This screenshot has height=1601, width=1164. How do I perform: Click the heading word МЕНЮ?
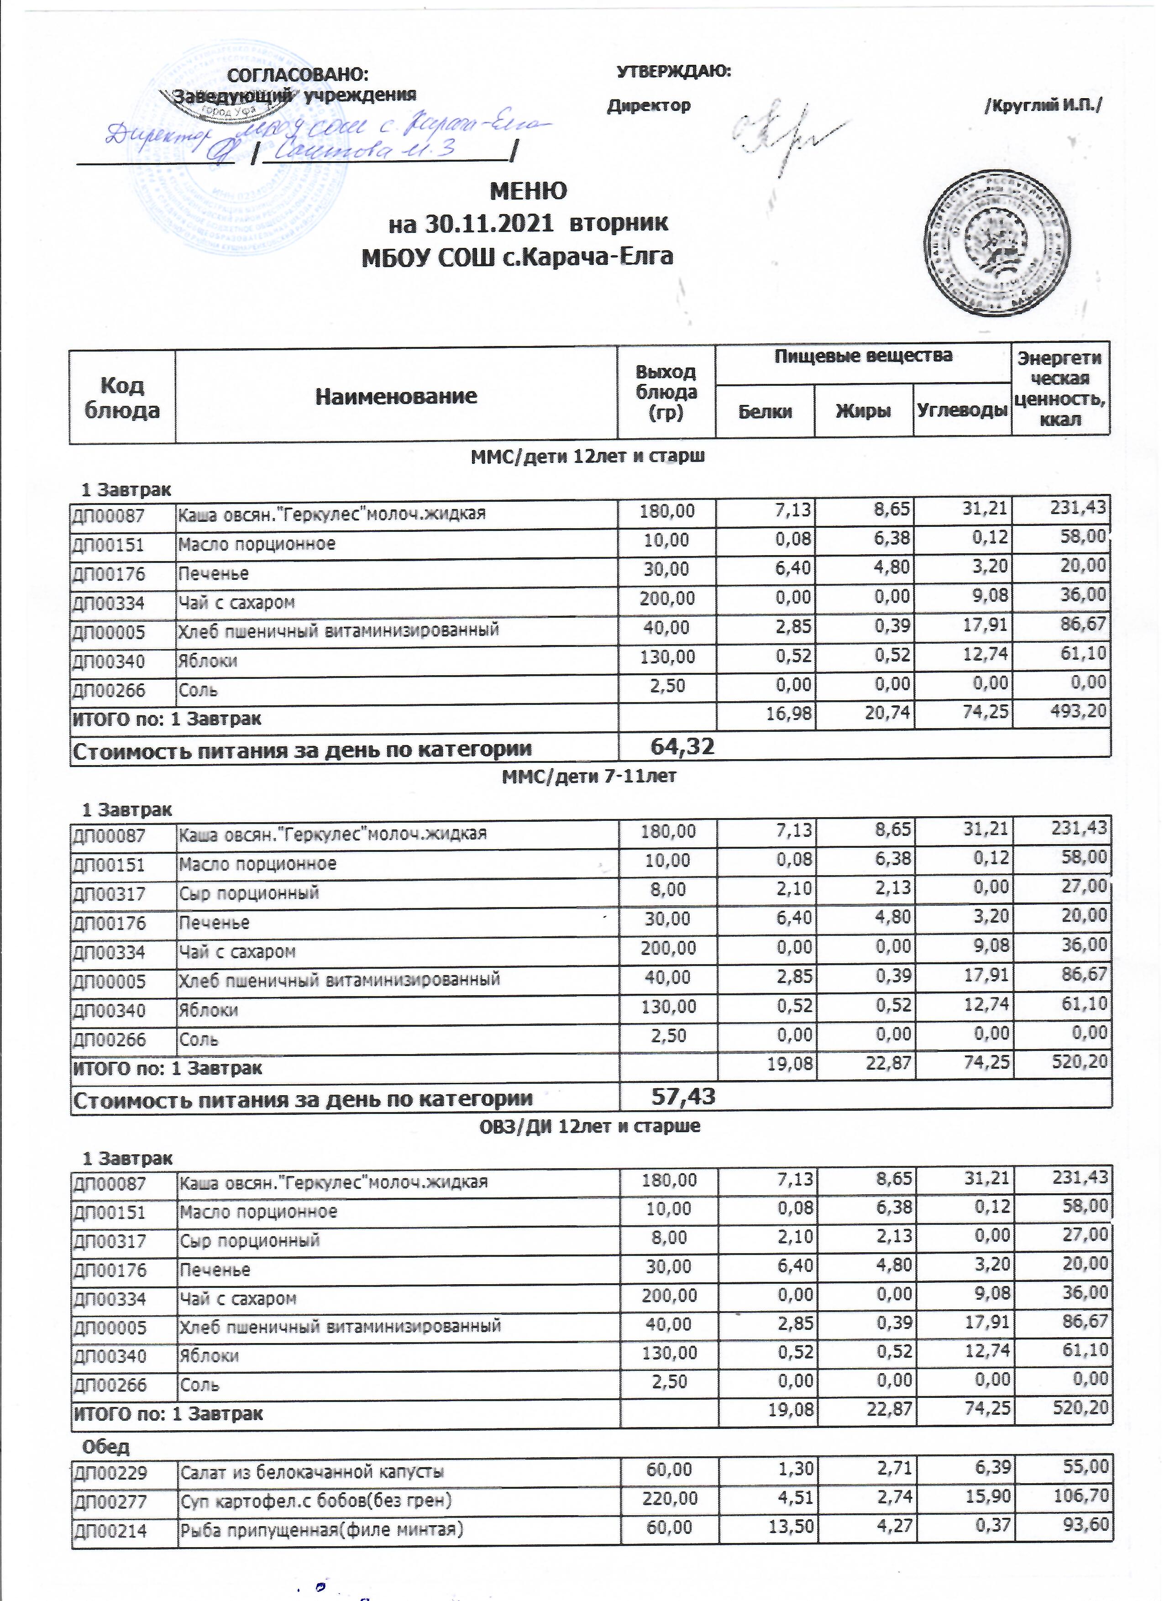(528, 191)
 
